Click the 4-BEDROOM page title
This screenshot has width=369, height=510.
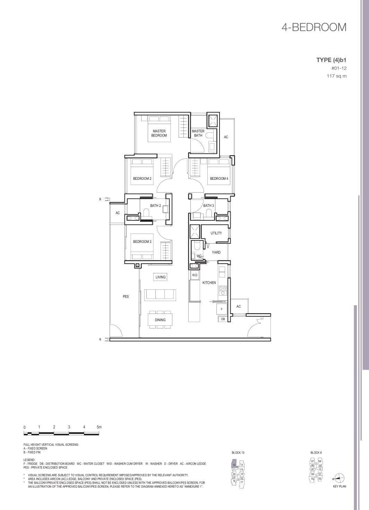314,27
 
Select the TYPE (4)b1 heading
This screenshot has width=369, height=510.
331,60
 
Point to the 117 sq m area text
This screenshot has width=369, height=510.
336,76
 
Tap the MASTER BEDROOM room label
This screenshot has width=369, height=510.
159,133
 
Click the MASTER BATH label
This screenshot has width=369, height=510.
198,133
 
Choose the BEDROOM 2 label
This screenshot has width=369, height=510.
142,179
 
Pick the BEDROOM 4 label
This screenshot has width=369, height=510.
219,179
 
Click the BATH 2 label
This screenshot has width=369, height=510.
155,206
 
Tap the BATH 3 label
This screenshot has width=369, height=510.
208,206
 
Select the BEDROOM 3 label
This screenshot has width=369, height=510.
142,242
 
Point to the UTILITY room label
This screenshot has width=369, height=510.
216,233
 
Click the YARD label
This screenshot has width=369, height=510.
216,253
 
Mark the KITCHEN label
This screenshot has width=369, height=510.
209,283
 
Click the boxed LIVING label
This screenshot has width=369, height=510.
161,277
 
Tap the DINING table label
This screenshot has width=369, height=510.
160,320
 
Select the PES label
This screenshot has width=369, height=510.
126,297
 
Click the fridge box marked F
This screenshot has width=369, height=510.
222,309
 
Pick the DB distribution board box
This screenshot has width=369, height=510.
223,319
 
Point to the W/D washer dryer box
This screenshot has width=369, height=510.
195,275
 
